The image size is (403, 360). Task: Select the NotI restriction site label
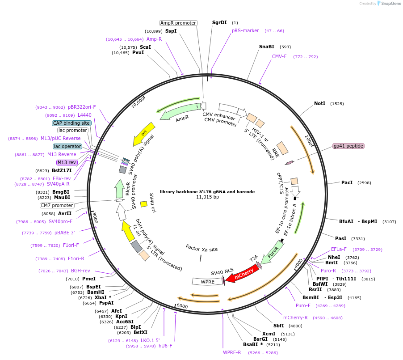click(x=319, y=103)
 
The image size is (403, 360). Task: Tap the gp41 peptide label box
click(x=348, y=146)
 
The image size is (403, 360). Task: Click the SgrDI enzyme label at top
click(x=219, y=22)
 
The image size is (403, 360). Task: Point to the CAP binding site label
click(x=71, y=123)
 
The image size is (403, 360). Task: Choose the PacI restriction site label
click(x=347, y=182)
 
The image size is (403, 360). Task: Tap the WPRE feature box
click(x=207, y=281)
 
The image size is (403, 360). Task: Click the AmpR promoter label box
click(x=178, y=23)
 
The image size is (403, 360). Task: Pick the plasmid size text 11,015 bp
click(x=208, y=197)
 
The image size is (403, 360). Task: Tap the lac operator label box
click(x=67, y=146)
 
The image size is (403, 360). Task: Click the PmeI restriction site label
click(x=89, y=279)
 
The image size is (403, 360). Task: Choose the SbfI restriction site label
click(x=279, y=326)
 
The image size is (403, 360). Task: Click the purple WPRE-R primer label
click(x=232, y=352)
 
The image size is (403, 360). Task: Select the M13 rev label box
click(x=67, y=162)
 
